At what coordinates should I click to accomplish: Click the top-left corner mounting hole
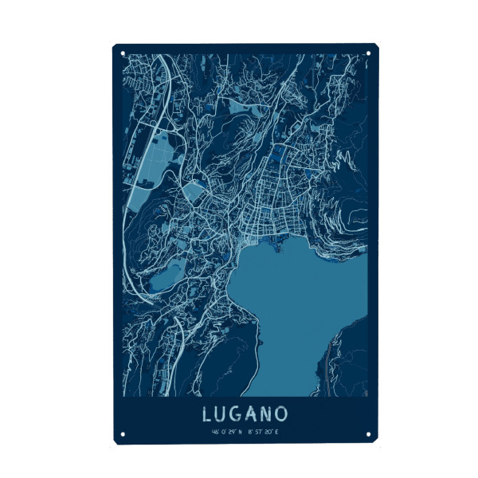click(123, 53)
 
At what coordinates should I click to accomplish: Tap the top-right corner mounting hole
click(369, 53)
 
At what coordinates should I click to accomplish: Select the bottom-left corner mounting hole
click(123, 434)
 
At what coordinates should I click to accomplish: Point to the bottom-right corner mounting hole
click(369, 434)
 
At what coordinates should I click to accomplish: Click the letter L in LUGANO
click(207, 414)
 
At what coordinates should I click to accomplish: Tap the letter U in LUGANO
click(222, 414)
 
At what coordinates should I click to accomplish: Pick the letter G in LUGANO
click(238, 414)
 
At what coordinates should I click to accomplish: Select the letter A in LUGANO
click(254, 414)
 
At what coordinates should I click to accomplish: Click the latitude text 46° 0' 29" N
click(227, 432)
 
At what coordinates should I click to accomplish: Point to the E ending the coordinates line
click(278, 432)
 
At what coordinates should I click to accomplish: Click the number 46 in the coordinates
click(215, 432)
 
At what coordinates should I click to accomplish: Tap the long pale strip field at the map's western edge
click(143, 163)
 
